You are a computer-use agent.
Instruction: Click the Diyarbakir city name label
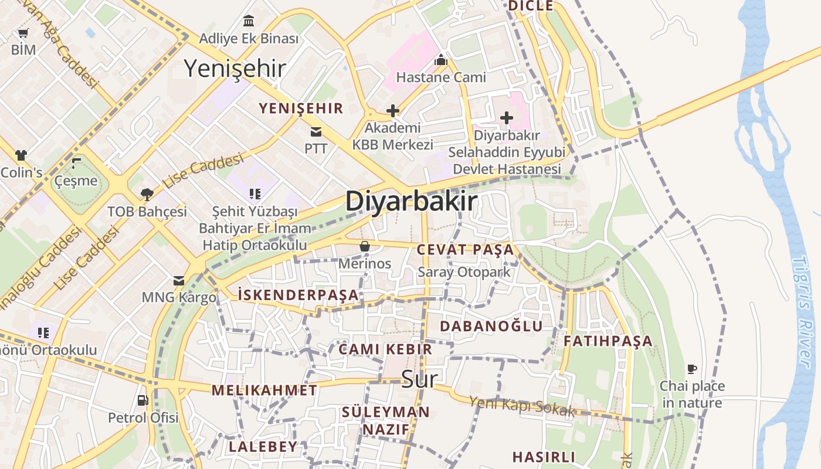[x=410, y=201]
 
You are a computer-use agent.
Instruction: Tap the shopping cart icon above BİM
[x=23, y=33]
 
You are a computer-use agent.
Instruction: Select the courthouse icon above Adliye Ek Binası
[x=249, y=21]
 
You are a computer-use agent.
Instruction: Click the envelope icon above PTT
[x=316, y=131]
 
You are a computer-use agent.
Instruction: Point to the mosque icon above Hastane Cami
[x=441, y=60]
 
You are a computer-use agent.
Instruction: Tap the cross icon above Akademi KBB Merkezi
[x=393, y=110]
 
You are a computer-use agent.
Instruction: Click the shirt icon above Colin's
[x=21, y=155]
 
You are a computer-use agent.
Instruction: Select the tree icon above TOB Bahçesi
[x=147, y=194]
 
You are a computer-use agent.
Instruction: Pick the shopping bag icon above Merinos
[x=364, y=246]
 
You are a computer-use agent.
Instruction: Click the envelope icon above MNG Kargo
[x=179, y=281]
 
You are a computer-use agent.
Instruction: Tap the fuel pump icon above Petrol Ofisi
[x=143, y=400]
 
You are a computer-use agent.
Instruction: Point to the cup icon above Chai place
[x=692, y=369]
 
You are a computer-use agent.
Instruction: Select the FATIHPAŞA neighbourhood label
[x=608, y=341]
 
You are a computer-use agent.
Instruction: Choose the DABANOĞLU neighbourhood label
[x=491, y=326]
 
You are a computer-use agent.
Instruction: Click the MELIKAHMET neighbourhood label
[x=264, y=390]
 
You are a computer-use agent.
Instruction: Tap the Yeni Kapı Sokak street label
[x=521, y=406]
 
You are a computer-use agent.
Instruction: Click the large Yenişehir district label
[x=235, y=69]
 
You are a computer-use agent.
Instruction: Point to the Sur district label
[x=419, y=379]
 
